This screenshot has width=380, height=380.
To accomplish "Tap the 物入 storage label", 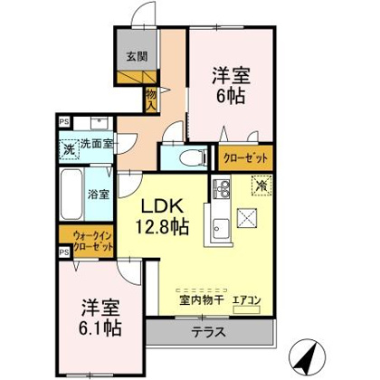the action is point(151,100).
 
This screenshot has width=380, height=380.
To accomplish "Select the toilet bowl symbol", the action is point(193,157).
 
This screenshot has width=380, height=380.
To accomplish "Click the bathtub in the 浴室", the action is point(71,195).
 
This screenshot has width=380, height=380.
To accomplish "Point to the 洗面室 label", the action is point(97,144).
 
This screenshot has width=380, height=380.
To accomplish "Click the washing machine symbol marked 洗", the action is point(70,149).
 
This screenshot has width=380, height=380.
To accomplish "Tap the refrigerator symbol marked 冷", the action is point(261,185).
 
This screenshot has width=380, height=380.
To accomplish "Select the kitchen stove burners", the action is point(222,188).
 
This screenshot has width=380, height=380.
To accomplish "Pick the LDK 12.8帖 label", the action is point(163,216).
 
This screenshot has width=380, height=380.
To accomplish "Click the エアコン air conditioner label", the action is point(246,300).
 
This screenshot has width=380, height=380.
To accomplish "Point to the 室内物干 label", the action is point(201,300).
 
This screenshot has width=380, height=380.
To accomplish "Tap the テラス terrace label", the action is point(209,332).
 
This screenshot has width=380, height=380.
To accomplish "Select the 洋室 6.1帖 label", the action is point(100,318).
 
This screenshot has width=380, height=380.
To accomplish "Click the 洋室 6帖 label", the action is point(231,85).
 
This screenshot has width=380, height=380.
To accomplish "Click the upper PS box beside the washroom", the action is point(64,122).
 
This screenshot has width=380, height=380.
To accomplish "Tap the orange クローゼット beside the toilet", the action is point(245,157).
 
